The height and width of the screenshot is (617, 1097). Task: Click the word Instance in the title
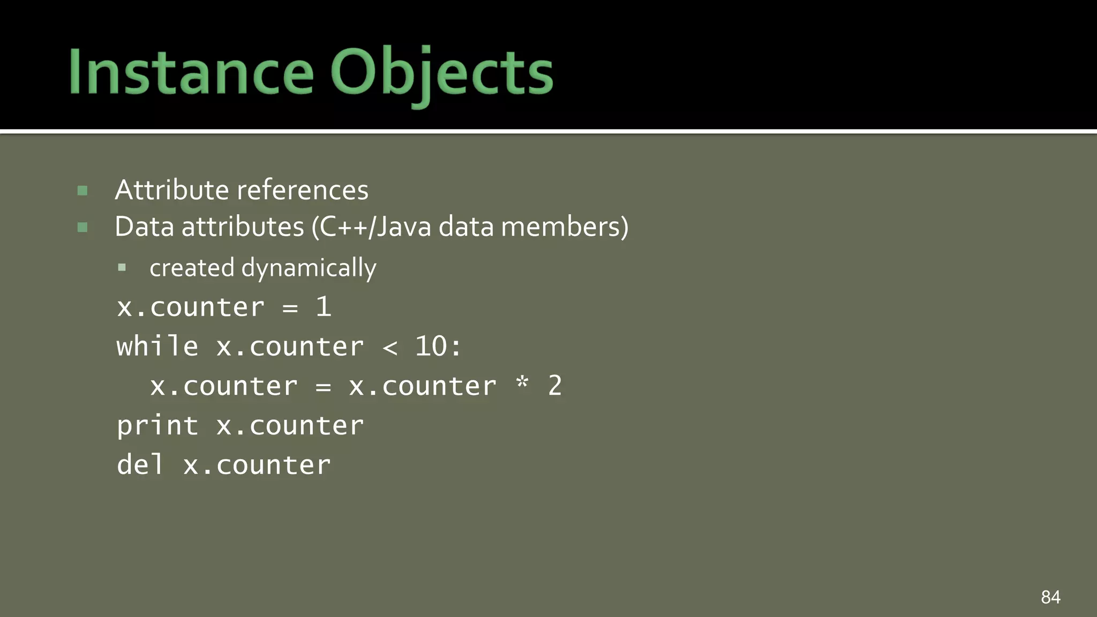[191, 72]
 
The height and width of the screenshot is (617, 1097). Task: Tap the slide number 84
[1050, 597]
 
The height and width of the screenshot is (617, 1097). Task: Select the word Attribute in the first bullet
[172, 190]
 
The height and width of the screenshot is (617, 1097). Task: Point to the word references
[302, 190]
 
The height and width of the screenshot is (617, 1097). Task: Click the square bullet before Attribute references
[82, 191]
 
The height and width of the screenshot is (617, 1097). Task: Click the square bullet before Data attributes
[82, 228]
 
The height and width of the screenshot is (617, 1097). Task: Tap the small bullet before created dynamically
[122, 267]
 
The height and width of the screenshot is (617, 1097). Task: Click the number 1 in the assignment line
[324, 307]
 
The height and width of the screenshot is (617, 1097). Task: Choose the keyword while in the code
[157, 346]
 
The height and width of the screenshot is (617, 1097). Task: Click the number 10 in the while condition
[431, 346]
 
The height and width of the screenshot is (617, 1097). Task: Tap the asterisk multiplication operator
[522, 383]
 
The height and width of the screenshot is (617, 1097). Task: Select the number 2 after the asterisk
[555, 386]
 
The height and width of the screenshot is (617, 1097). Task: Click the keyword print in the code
[157, 426]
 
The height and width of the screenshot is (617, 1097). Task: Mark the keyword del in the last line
[140, 464]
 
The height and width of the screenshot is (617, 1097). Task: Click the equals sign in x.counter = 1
[290, 308]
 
